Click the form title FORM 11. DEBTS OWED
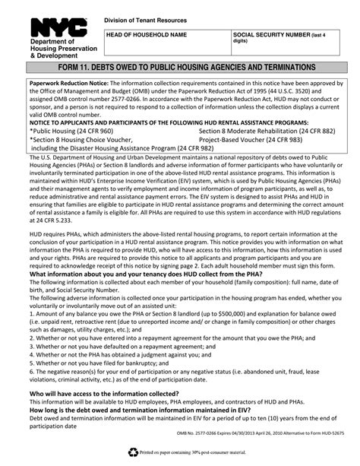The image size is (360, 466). (x=180, y=65)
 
